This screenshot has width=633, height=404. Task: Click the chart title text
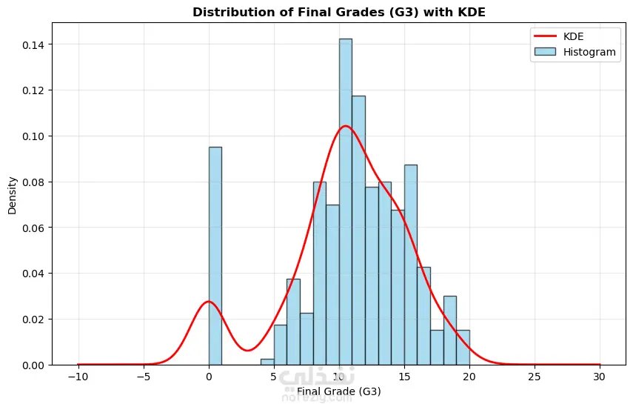point(339,13)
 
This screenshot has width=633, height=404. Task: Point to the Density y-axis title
point(13,194)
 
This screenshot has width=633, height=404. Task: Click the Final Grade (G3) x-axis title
point(339,391)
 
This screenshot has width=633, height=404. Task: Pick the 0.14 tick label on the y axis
point(33,44)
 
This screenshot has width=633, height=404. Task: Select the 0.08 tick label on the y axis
point(33,182)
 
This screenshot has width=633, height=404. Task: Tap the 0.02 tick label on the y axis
point(33,319)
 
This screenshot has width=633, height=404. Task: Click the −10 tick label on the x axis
point(77,377)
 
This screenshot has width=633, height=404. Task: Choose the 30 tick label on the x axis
point(600,377)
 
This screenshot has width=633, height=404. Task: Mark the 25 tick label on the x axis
point(535,377)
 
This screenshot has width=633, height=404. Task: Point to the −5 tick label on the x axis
point(144,377)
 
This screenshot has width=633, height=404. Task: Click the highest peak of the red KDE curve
point(345,126)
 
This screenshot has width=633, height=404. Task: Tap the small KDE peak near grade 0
point(208,302)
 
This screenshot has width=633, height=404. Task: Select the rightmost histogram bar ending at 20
point(463,348)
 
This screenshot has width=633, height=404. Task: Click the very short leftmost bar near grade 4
point(267,362)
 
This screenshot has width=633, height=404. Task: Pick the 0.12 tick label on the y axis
point(33,90)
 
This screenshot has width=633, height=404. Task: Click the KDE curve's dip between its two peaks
point(247,350)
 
